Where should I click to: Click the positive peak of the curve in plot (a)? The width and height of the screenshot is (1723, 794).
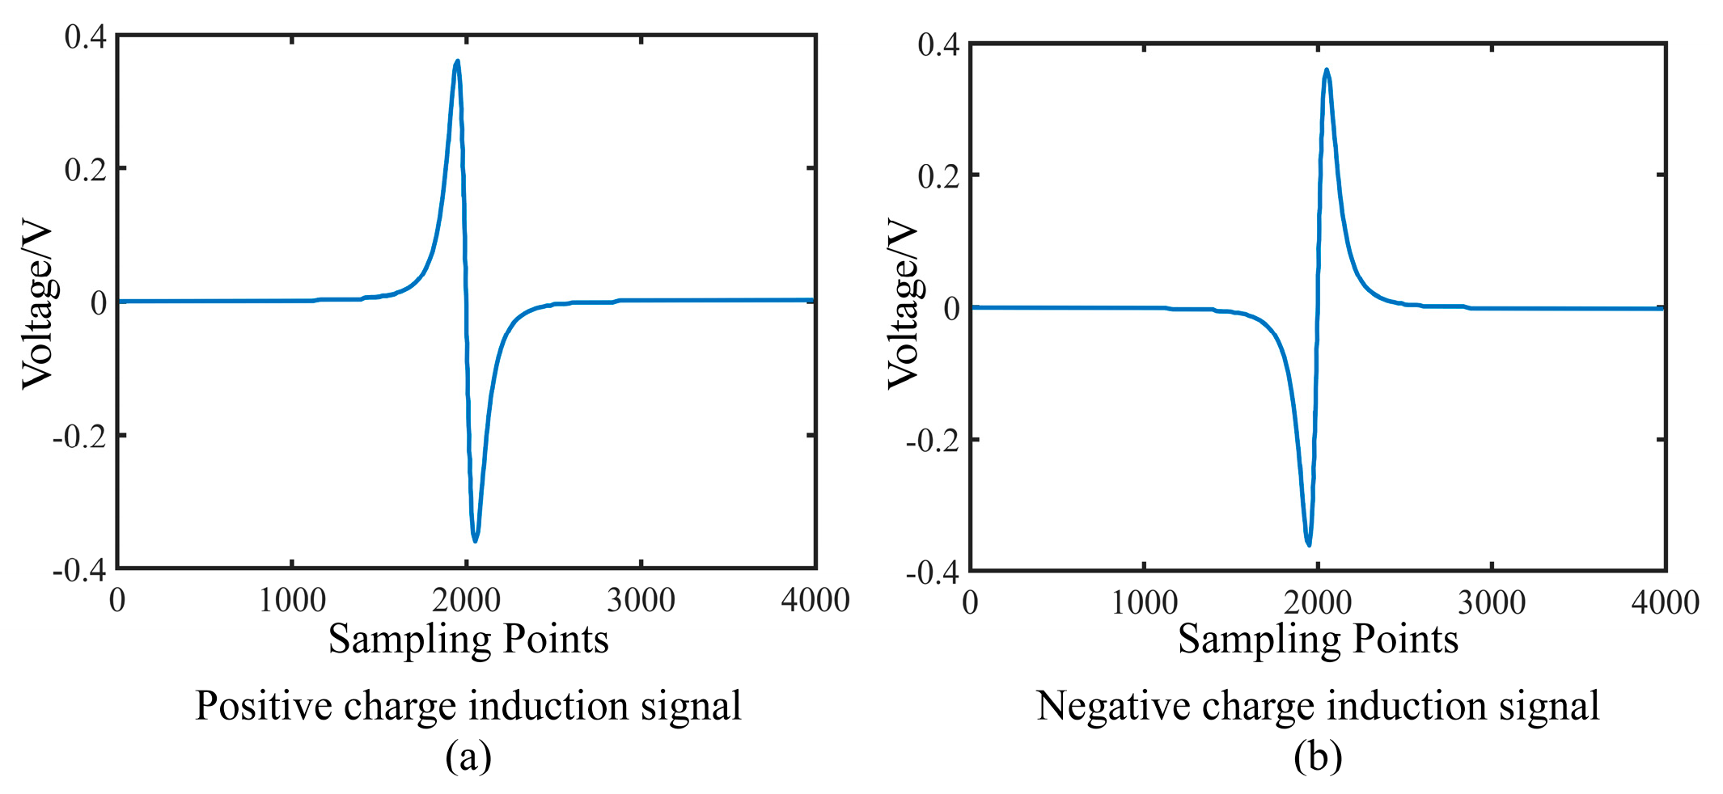(457, 61)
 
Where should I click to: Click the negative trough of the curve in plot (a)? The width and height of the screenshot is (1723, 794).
(475, 539)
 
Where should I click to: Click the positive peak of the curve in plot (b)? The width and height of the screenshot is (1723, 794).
(1327, 70)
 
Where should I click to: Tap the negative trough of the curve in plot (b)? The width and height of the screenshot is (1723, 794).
(1309, 544)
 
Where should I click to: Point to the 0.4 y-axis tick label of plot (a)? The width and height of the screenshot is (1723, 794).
(86, 36)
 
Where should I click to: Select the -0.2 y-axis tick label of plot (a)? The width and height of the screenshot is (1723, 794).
(79, 437)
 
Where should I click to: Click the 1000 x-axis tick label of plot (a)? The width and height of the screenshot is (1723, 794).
(292, 601)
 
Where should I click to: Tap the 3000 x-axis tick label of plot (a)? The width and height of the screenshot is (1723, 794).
(641, 601)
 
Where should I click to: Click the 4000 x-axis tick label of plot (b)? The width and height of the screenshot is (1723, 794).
(1665, 603)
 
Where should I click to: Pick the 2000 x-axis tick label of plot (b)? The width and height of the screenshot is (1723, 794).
(1318, 603)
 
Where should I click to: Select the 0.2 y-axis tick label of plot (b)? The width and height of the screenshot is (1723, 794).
(939, 176)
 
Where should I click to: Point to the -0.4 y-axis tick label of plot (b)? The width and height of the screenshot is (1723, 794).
(933, 573)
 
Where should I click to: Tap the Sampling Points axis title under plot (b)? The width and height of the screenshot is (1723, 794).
(1318, 639)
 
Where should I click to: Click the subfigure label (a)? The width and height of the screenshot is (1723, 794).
(468, 757)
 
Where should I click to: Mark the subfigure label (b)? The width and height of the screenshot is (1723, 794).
(1318, 757)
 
